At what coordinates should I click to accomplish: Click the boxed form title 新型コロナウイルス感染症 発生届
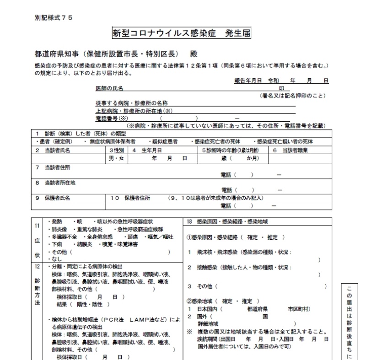pos(181,34)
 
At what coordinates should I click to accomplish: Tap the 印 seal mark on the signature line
pos(282,88)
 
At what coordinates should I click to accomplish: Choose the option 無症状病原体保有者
pos(113,141)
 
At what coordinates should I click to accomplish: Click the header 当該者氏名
pos(57,150)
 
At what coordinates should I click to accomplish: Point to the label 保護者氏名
pos(57,198)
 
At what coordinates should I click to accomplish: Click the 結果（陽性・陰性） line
pos(83,304)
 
